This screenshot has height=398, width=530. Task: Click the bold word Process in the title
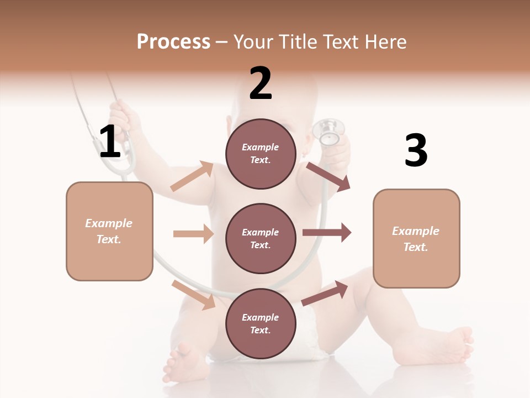click(x=173, y=41)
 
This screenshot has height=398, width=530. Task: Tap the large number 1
click(x=110, y=142)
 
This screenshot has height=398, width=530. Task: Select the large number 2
click(x=261, y=83)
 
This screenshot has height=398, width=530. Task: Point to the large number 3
click(x=416, y=150)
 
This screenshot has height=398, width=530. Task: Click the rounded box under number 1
click(x=109, y=231)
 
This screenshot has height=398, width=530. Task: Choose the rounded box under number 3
click(x=416, y=239)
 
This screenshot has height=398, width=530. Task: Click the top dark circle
click(x=261, y=154)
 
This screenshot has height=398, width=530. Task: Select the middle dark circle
click(x=261, y=238)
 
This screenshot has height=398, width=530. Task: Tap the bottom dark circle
click(x=261, y=323)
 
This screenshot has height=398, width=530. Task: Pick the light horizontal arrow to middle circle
click(x=193, y=234)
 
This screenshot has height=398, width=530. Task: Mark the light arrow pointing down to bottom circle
click(x=194, y=295)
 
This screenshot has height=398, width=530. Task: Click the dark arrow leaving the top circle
click(x=328, y=176)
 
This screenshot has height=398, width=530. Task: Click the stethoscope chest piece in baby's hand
click(x=328, y=133)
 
